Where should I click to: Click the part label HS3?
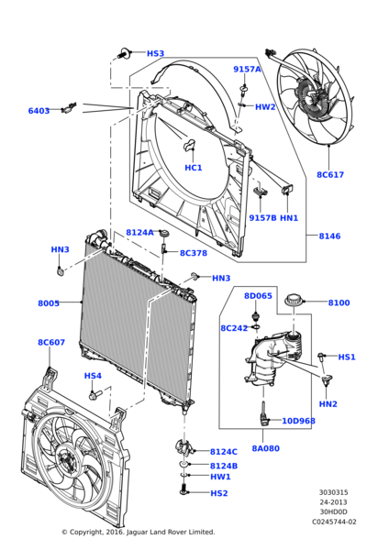point(156,54)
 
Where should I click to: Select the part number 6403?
point(39,111)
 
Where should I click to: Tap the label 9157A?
point(247,69)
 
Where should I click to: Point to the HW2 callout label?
point(265,107)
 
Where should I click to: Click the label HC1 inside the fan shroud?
point(194,168)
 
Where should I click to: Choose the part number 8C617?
point(330,174)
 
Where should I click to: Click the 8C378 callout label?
point(194,253)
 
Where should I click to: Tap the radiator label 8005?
point(49,303)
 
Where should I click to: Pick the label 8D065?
point(258,296)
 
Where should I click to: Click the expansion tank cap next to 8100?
point(294,302)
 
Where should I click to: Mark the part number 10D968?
point(298,421)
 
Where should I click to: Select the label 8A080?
point(265,448)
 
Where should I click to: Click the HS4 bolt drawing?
point(94,394)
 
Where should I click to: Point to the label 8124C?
point(223,452)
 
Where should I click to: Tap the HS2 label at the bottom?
point(219,493)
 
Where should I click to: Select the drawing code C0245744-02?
point(334,522)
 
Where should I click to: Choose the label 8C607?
point(51,343)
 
